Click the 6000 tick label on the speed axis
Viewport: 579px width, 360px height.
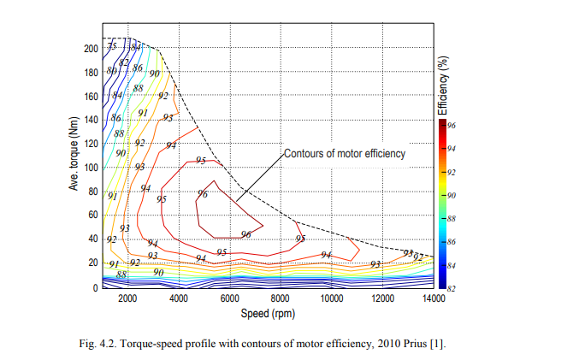point(230,298)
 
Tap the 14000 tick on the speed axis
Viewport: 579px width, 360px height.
point(434,298)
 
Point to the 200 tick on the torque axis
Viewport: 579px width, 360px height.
point(91,49)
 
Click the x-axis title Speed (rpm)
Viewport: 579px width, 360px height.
point(268,313)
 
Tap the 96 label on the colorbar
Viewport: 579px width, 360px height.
point(452,125)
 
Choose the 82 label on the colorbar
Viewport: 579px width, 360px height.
point(452,289)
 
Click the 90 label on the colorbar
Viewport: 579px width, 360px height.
point(452,196)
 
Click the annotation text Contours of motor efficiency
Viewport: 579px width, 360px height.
point(344,154)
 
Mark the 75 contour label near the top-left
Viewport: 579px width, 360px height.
point(112,45)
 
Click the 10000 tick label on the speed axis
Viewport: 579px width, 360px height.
point(332,298)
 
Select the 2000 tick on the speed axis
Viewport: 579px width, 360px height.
point(127,298)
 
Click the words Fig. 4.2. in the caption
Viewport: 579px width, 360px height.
point(97,343)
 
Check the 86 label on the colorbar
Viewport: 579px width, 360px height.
point(452,243)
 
